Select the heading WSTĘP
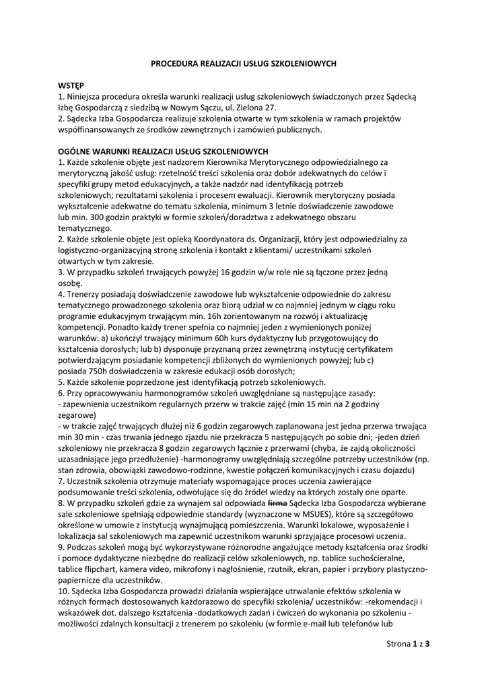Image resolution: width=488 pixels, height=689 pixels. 71,86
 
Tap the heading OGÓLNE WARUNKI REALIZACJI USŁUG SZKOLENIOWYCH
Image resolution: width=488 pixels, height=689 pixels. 164,151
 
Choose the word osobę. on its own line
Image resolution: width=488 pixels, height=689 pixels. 71,283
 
